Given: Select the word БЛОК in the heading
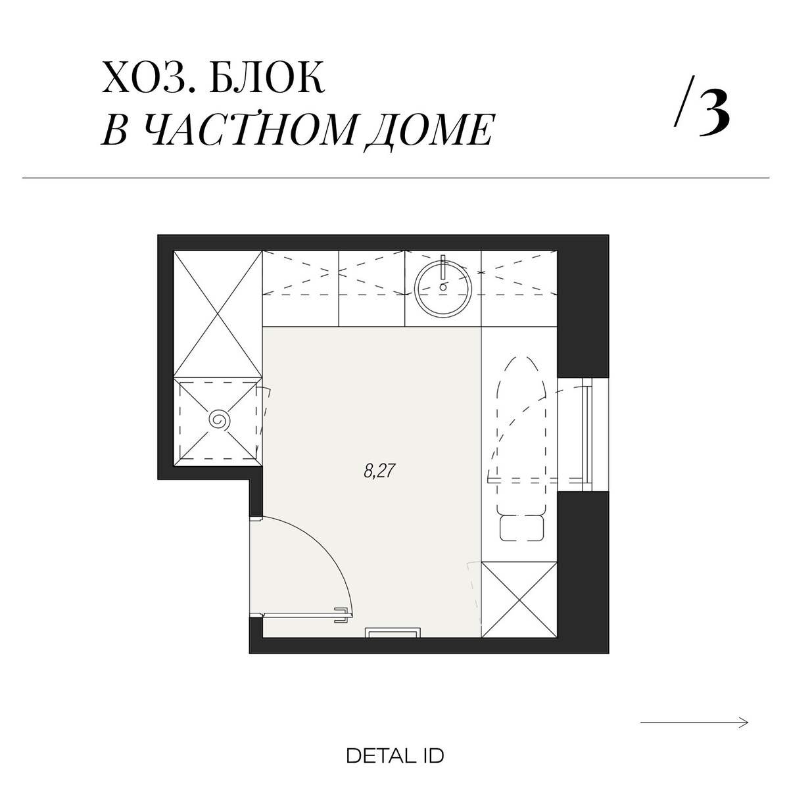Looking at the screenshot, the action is point(268,77).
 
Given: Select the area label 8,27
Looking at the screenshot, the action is point(379,471).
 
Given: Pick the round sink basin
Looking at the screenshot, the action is point(443,287).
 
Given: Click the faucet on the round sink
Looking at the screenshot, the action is point(443,271).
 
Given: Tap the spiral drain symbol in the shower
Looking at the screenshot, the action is point(220,420).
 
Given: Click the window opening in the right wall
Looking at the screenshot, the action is point(583,435).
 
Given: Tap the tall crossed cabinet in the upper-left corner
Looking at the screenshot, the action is point(218,314).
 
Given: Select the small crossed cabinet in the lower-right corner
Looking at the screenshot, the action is point(519,600).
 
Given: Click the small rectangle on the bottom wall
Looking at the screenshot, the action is point(393,633).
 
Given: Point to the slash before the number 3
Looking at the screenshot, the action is point(680,101).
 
